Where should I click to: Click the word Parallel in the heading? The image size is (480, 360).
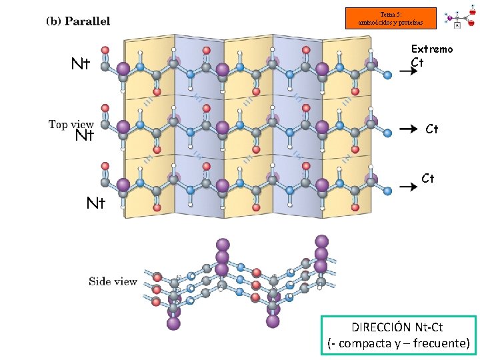(x=88, y=21)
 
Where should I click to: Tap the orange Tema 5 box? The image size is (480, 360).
(x=391, y=18)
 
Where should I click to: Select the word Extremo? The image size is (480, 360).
(x=431, y=49)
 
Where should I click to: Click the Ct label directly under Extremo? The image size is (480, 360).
(x=417, y=62)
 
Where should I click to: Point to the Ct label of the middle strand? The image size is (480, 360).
(x=432, y=129)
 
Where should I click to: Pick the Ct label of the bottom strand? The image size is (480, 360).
(x=428, y=178)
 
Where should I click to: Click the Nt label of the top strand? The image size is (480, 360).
(x=81, y=64)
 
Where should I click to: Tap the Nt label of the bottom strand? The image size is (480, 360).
(x=96, y=203)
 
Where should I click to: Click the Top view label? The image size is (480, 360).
(x=71, y=124)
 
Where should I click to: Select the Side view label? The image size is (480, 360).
(x=113, y=281)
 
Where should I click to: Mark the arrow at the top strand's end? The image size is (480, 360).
(x=409, y=72)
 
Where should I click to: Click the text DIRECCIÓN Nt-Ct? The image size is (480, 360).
(x=398, y=327)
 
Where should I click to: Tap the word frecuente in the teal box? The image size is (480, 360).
(x=441, y=343)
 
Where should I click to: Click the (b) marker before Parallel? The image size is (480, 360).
(x=53, y=21)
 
